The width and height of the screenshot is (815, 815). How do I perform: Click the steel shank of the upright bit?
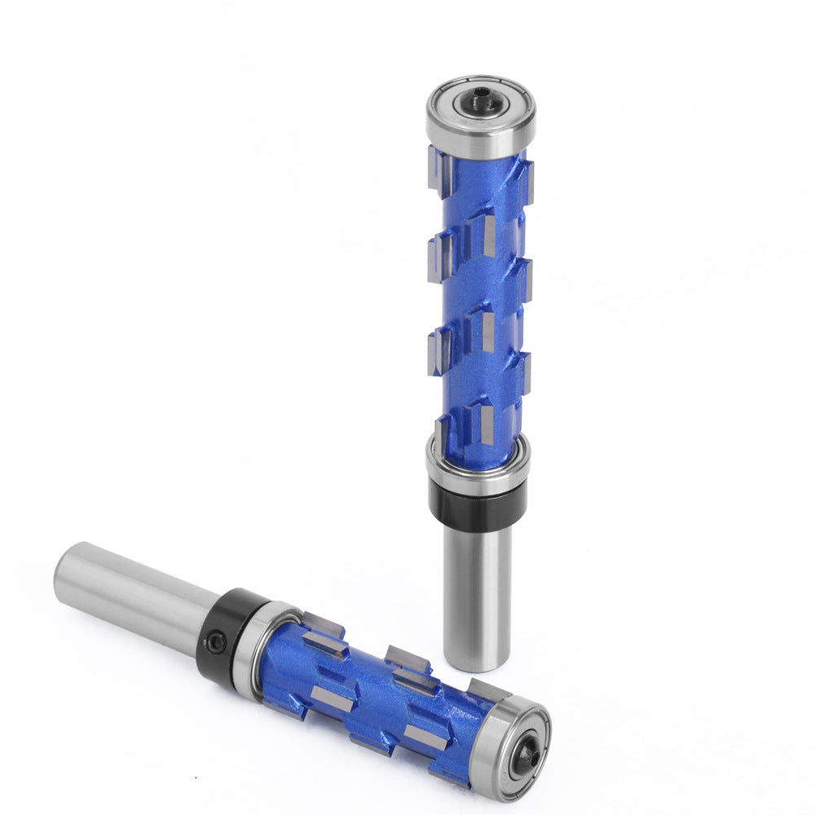click(x=478, y=595)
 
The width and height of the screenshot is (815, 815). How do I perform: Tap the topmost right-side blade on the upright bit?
click(x=526, y=181)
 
